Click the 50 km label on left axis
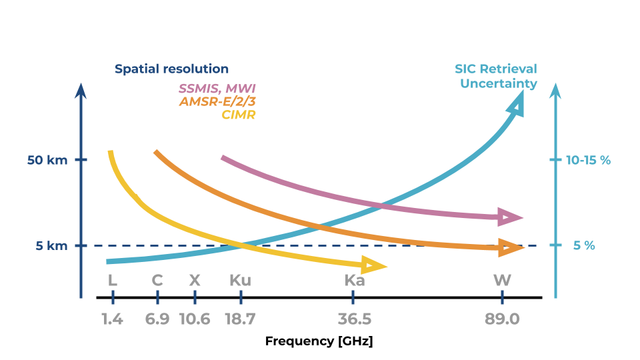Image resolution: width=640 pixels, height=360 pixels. coord(47,161)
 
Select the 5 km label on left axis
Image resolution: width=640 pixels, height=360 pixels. coord(51,246)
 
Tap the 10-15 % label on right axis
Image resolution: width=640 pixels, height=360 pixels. coord(589,161)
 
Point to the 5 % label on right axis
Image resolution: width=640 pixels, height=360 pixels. coord(584,246)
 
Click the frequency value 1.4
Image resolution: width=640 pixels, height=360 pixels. coord(112,319)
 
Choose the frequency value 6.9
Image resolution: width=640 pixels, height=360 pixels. coord(157,319)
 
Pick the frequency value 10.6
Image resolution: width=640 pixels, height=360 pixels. coord(195,319)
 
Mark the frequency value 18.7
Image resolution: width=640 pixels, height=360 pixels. coord(240,319)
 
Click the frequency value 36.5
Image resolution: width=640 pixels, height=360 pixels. coord(355,319)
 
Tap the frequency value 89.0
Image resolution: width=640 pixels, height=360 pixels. coord(502,319)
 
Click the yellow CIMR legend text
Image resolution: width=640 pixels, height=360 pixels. coord(238,115)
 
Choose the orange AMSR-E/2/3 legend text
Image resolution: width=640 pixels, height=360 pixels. coord(217,101)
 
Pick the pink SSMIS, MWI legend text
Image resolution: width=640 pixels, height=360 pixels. coord(217,89)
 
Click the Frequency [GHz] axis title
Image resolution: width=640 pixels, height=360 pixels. coord(319,341)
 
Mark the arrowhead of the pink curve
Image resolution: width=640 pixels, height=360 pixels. coord(512,217)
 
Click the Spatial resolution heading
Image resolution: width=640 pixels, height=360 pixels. coord(171,69)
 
